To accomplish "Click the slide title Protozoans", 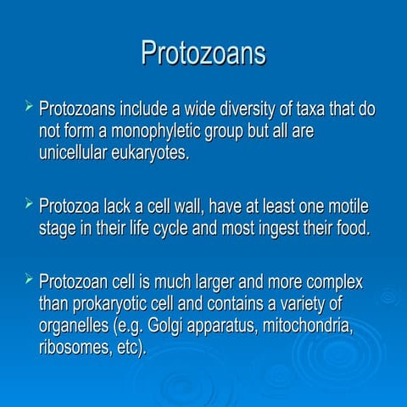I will point(203,53).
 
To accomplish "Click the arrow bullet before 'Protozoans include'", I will point(29,109).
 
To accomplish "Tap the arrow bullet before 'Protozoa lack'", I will point(29,204).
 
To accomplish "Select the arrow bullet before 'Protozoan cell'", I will point(29,278).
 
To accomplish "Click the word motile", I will point(347,207).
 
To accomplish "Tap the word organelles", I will point(76,326).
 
